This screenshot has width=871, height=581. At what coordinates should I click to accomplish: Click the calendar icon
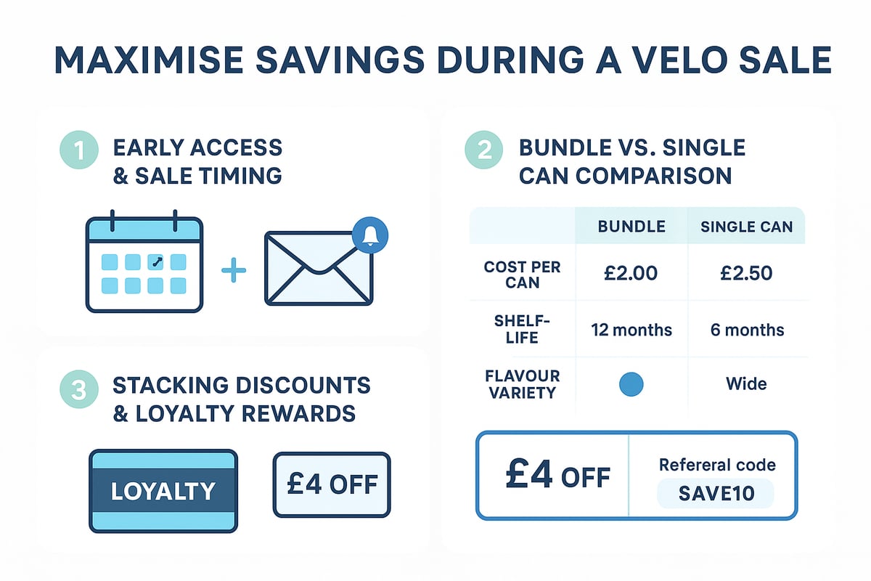pos(144,262)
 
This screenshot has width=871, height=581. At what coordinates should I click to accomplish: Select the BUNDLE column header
pos(631,227)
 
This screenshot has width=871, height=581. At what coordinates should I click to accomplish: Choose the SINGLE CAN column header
pos(746,227)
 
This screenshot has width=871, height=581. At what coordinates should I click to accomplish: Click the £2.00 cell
pos(631,273)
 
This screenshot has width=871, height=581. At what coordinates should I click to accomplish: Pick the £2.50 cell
pos(745,273)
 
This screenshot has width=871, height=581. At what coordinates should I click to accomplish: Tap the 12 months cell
pos(631,330)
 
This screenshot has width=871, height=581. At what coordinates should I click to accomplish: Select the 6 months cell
pos(746,330)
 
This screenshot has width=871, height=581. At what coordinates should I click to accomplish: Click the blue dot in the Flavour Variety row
pos(631,384)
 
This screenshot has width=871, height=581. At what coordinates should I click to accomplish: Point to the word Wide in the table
pos(746,384)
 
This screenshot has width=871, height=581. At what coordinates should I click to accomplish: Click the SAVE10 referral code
pos(716,494)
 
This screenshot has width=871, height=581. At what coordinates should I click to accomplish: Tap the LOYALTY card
pos(163,491)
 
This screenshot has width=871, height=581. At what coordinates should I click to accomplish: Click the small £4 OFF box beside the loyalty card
pos(332,485)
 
